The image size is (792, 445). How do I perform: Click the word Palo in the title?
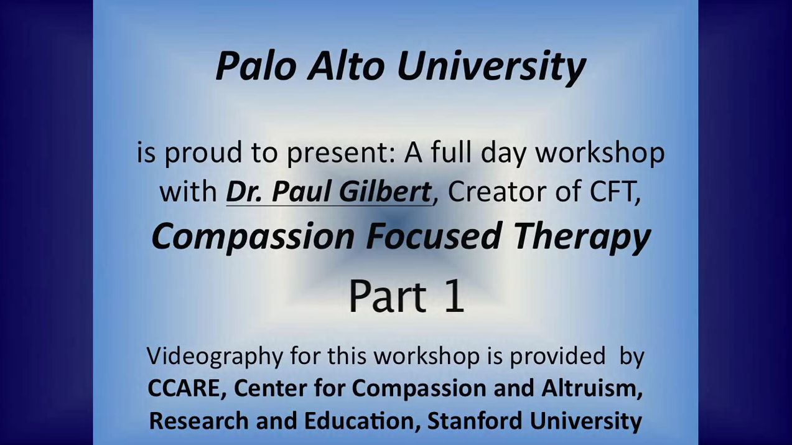click(256, 66)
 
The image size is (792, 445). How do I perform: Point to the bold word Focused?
click(433, 236)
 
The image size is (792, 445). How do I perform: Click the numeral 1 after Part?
click(454, 296)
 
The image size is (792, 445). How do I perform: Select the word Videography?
click(215, 357)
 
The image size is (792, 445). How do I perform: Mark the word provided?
click(557, 356)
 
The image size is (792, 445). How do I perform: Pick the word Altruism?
click(592, 388)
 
